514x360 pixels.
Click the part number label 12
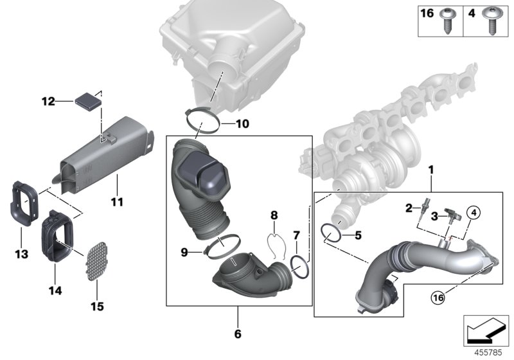[x=48, y=101]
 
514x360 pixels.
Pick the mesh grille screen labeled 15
[x=95, y=260]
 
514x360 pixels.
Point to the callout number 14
[x=55, y=291]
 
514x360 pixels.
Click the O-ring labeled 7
[x=299, y=264]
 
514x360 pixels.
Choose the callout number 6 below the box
[x=238, y=334]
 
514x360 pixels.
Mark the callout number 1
[x=432, y=171]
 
